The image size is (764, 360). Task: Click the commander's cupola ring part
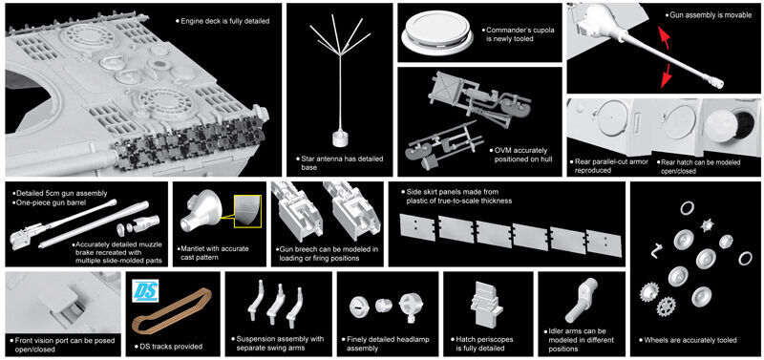click(436, 32)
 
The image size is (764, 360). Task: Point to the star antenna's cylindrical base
click(339, 138)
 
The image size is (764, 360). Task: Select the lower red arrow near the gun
click(667, 77)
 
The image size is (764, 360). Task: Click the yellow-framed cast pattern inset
click(248, 210)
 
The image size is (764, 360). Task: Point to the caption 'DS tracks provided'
click(168, 347)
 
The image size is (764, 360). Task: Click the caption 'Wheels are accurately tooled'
click(688, 340)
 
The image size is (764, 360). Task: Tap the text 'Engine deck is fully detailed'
click(222, 21)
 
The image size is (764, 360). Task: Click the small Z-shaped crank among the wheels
click(657, 250)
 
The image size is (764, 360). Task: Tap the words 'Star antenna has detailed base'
click(340, 163)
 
